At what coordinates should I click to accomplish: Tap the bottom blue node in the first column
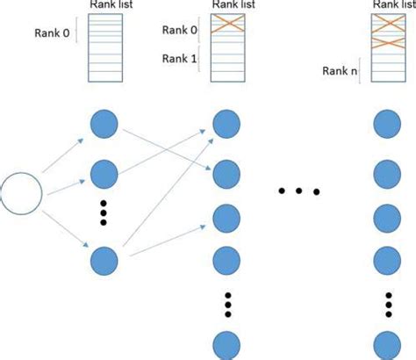coord(104,261)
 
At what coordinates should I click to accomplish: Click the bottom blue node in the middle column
coord(228,342)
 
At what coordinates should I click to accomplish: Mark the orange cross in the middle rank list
coord(231,27)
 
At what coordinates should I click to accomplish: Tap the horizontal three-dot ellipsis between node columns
coord(299,190)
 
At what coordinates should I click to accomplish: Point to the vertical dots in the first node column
coord(104,213)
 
